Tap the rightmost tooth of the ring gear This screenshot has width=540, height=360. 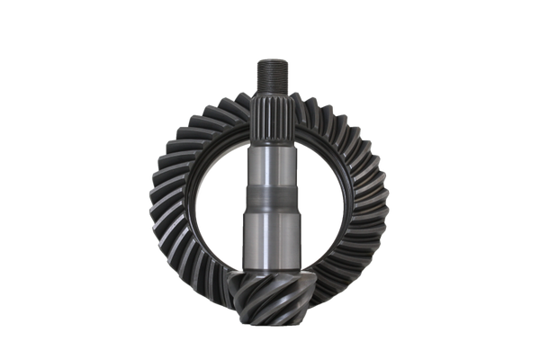coord(383,202)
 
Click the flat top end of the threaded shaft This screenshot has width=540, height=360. coord(271,59)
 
